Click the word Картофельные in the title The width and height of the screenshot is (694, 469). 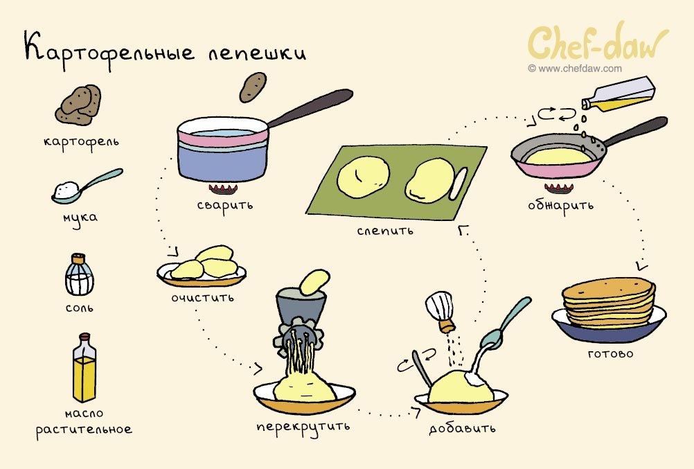tap(109, 50)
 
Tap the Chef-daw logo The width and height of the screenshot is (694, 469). tap(598, 42)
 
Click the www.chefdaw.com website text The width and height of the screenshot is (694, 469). tap(575, 69)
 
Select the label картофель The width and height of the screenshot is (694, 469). tap(81, 142)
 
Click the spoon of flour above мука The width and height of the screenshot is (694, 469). tap(87, 186)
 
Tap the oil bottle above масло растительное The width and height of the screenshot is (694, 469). tap(84, 368)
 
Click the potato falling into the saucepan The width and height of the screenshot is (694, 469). tap(253, 87)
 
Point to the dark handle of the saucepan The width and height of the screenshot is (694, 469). tap(310, 107)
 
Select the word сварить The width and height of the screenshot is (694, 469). tap(225, 206)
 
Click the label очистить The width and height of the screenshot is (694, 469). tap(202, 298)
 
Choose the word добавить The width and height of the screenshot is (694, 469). tap(462, 429)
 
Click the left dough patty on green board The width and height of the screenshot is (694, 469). tap(364, 177)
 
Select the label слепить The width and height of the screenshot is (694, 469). tap(385, 231)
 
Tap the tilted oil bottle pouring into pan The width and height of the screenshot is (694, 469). tap(619, 94)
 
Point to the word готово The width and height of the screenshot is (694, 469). tap(610, 354)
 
